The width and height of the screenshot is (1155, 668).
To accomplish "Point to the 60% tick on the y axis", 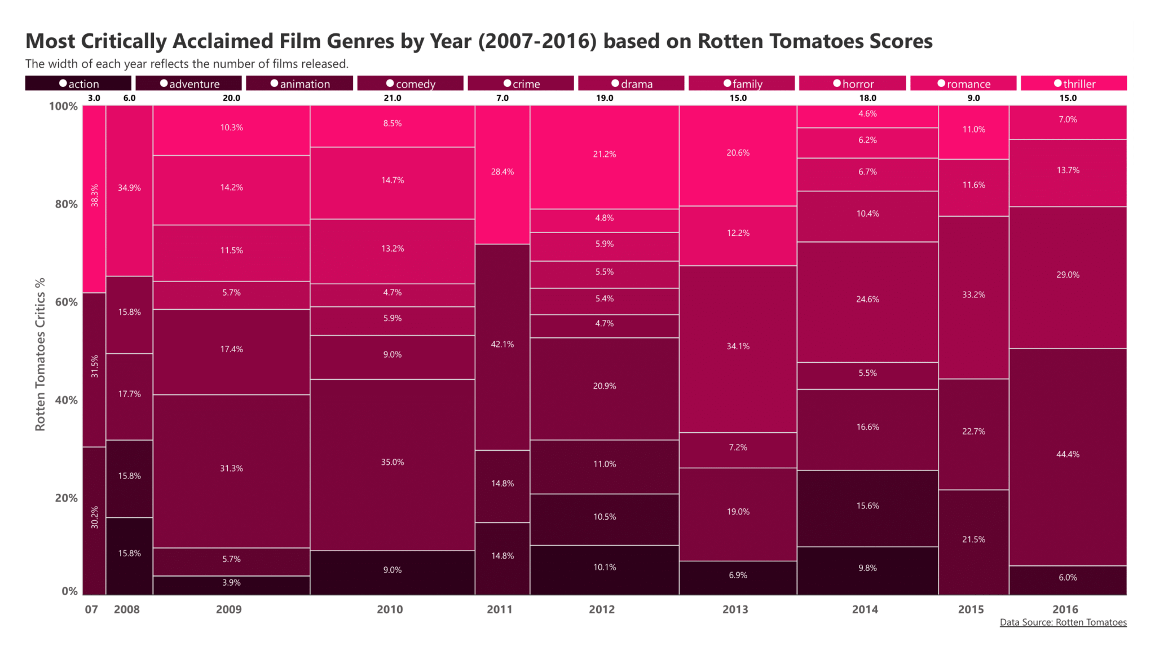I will (66, 302).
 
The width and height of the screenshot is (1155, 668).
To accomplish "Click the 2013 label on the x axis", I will (735, 609).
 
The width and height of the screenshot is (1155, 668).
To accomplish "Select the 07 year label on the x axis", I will (91, 609).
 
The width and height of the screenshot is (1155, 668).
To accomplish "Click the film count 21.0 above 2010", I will (392, 98).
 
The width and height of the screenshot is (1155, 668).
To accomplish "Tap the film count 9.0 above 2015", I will (973, 98).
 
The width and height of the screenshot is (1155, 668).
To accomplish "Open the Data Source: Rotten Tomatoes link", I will (1063, 622).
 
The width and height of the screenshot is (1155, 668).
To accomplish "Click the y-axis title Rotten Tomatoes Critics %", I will (40, 354).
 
